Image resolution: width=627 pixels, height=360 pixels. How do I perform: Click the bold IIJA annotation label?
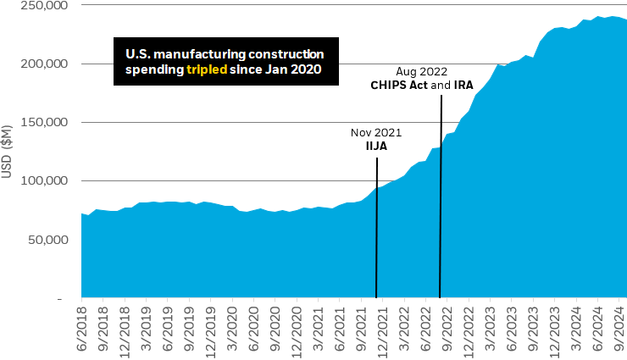pyautogui.click(x=376, y=147)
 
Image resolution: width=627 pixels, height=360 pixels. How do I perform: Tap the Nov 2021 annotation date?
pyautogui.click(x=376, y=133)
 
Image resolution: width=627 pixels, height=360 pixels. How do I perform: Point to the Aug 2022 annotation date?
pyautogui.click(x=421, y=72)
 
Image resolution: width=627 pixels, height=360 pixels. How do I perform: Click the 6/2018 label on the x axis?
pyautogui.click(x=82, y=326)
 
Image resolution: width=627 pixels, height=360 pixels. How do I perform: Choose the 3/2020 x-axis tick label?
pyautogui.click(x=232, y=326)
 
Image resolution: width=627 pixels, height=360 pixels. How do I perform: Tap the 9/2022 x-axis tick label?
pyautogui.click(x=447, y=326)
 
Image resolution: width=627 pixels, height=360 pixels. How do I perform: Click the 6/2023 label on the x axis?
pyautogui.click(x=511, y=326)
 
